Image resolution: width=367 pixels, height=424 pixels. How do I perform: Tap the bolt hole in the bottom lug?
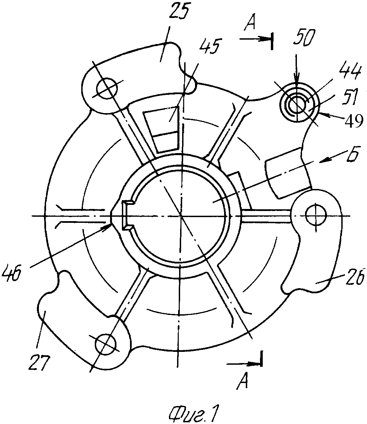coord(106,345)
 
